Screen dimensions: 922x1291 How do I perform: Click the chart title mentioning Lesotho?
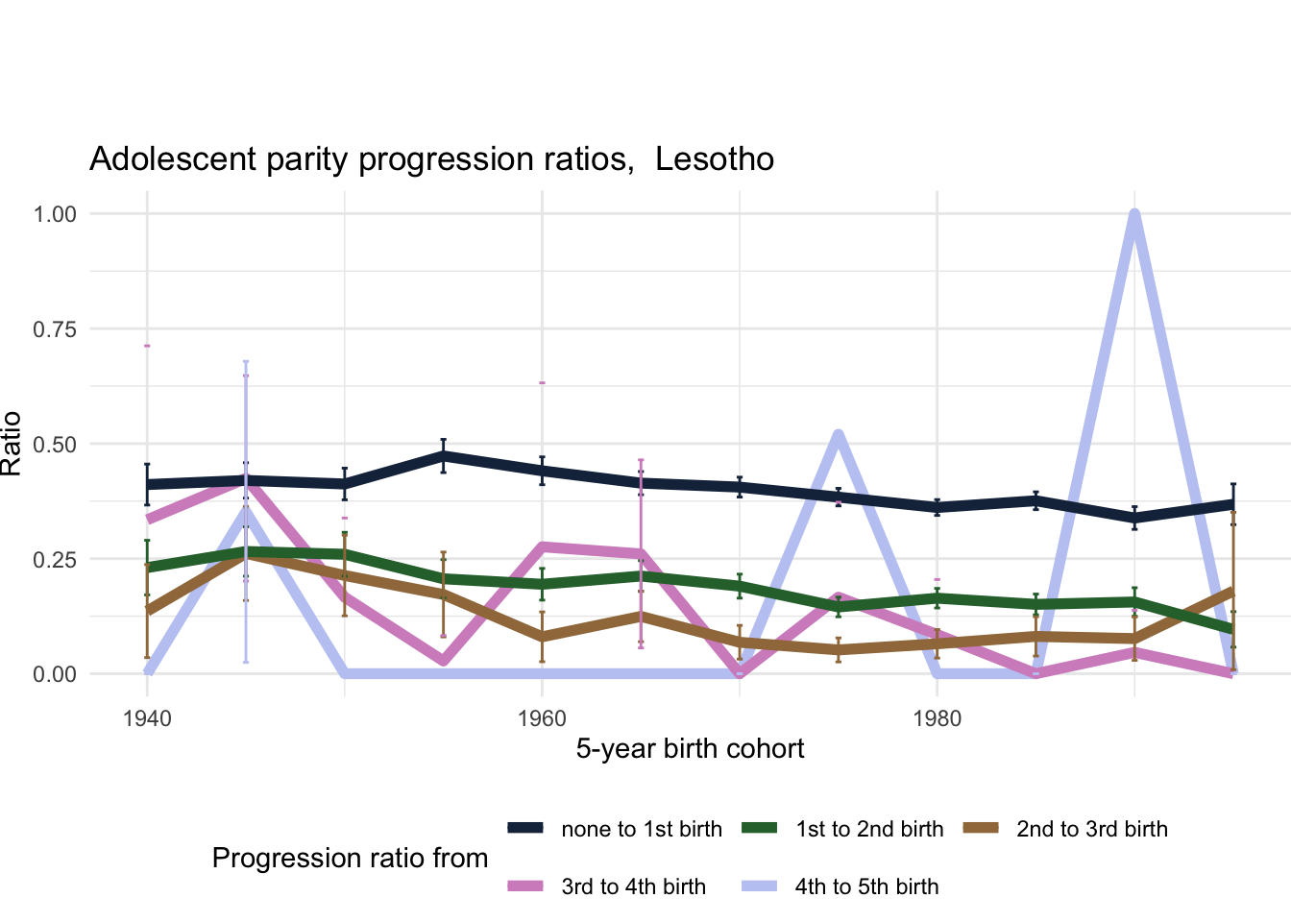pyautogui.click(x=431, y=158)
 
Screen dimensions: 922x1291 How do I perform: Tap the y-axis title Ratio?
pyautogui.click(x=12, y=443)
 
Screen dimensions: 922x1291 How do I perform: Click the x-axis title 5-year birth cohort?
pyautogui.click(x=690, y=748)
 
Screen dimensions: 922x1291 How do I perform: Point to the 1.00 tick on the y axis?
pyautogui.click(x=55, y=213)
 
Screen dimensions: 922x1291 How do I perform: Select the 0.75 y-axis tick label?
pyautogui.click(x=55, y=329)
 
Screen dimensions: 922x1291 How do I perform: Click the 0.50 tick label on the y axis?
pyautogui.click(x=55, y=444)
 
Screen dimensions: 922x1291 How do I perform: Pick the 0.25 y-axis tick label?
pyautogui.click(x=55, y=559)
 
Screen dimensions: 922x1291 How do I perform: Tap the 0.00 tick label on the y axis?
pyautogui.click(x=55, y=674)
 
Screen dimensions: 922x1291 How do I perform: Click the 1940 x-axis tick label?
pyautogui.click(x=147, y=718)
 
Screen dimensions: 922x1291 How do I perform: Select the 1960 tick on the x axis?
pyautogui.click(x=542, y=718)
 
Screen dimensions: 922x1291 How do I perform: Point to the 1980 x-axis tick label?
pyautogui.click(x=937, y=718)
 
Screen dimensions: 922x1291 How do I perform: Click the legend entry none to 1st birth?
pyautogui.click(x=641, y=829)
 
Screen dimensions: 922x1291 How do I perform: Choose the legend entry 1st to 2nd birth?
pyautogui.click(x=869, y=829)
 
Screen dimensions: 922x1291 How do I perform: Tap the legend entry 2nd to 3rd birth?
pyautogui.click(x=1091, y=829)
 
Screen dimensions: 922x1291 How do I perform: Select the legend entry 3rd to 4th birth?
pyautogui.click(x=633, y=886)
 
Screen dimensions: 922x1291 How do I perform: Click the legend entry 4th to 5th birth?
pyautogui.click(x=866, y=886)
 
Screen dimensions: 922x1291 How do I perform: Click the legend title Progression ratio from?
pyautogui.click(x=350, y=858)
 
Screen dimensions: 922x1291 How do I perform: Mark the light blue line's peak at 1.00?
pyautogui.click(x=1134, y=214)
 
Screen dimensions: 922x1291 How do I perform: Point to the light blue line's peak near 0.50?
pyautogui.click(x=839, y=436)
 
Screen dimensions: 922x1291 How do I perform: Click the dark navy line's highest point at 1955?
pyautogui.click(x=443, y=455)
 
